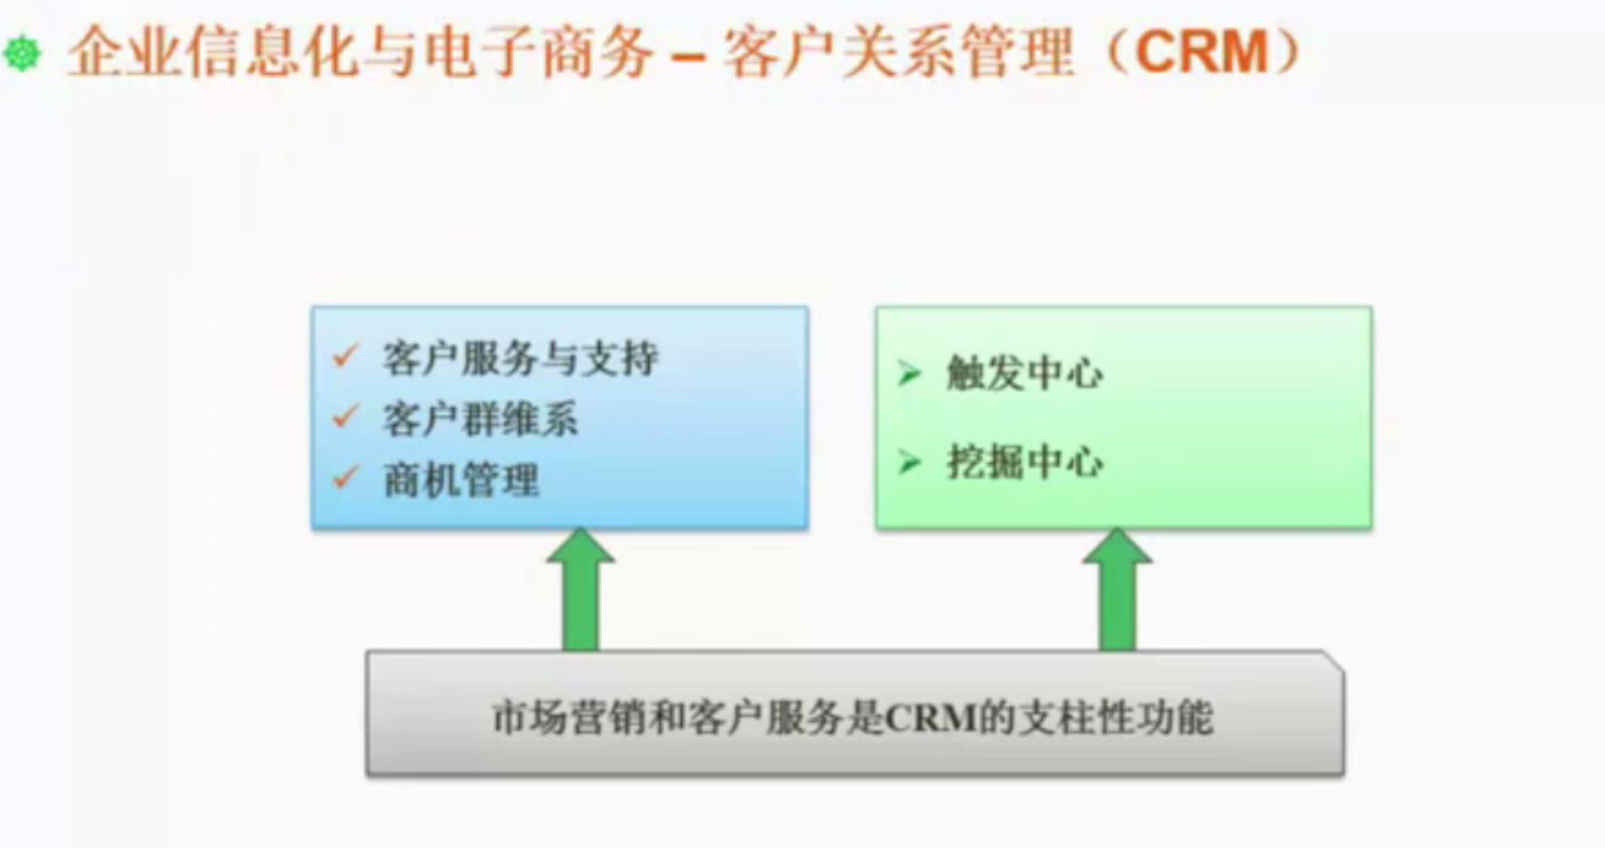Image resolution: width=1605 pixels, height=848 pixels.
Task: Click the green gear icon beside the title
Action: pos(23,53)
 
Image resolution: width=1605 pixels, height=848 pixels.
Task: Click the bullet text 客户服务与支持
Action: pos(520,358)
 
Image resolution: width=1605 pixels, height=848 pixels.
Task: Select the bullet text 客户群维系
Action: pos(479,419)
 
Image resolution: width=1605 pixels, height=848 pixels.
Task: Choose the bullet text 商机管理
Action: pos(460,480)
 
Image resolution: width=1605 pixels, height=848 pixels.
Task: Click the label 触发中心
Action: pos(1025,373)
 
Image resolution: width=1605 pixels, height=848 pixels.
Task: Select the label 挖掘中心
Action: pos(1025,461)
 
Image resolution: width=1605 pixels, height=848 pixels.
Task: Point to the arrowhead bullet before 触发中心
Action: pos(909,373)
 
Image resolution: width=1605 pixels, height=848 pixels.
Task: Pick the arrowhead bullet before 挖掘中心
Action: pos(909,461)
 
